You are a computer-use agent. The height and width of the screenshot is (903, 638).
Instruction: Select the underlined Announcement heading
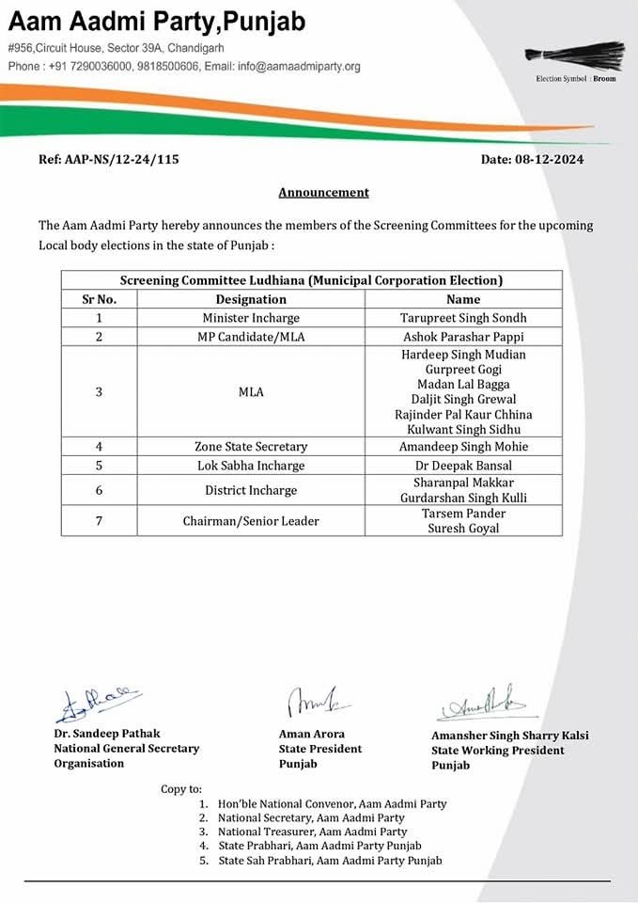click(x=323, y=193)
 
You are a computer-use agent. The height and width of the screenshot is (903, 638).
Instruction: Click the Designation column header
click(x=251, y=299)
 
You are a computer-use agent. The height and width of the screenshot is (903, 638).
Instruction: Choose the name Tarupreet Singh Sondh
click(x=463, y=318)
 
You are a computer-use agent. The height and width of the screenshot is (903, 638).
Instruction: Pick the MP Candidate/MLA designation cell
click(x=251, y=337)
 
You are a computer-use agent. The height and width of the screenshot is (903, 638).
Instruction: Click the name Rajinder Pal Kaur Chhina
click(x=463, y=415)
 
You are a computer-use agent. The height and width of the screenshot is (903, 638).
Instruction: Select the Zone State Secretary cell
click(x=251, y=447)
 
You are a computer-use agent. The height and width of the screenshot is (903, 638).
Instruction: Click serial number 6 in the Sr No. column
click(x=99, y=490)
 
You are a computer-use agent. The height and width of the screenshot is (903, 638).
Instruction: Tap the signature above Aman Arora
click(x=305, y=702)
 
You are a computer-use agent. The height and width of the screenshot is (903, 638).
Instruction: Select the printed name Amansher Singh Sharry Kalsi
click(x=509, y=736)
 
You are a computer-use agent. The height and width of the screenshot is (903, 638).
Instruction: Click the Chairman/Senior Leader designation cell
click(x=251, y=521)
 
